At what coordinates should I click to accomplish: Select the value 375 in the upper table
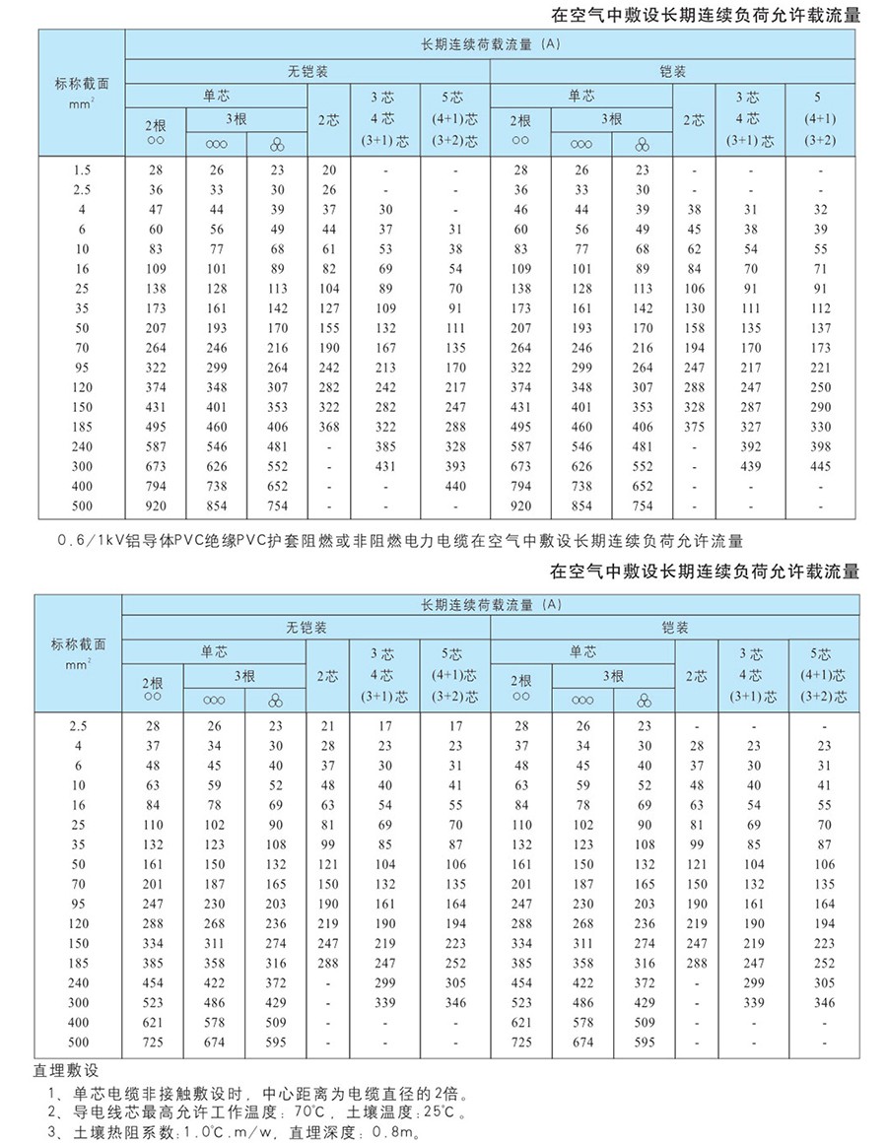pos(694,427)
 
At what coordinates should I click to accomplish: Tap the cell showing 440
pos(454,486)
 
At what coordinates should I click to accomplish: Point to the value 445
pos(820,466)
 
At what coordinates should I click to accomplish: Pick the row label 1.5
pos(83,170)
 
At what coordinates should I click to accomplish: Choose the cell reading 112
pos(820,308)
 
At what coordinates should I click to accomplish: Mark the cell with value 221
pos(820,368)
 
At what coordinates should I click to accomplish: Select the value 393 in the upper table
pos(454,466)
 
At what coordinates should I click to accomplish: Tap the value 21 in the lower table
pos(328,726)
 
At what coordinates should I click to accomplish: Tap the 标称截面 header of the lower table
pos(79,651)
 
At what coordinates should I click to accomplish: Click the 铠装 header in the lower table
pos(675,628)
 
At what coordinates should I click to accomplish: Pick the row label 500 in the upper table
pos(83,505)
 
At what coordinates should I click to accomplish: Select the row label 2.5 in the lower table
pos(79,726)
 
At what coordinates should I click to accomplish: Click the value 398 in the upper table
pos(820,446)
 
